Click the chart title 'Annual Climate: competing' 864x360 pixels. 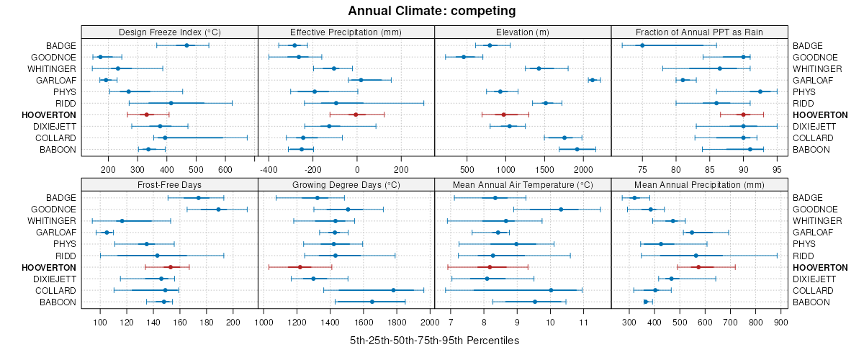pos(432,11)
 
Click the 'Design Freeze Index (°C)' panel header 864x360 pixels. pos(169,32)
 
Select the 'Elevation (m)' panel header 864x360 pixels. pos(523,32)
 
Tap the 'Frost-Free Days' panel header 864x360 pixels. pos(169,184)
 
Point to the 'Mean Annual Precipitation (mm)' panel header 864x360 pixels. pos(699,184)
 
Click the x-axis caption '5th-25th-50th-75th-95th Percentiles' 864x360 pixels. pos(434,340)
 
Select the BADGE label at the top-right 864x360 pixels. pos(808,46)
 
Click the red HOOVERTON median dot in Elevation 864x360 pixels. pos(504,114)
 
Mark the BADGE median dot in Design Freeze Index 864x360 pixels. pos(186,45)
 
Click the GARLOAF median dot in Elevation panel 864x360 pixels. pos(593,80)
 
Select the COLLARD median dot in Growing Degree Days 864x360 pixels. pos(393,290)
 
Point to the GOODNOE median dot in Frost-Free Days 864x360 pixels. pos(218,210)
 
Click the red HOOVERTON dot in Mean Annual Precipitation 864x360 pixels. pos(698,267)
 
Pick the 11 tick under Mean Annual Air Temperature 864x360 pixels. pos(583,322)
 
